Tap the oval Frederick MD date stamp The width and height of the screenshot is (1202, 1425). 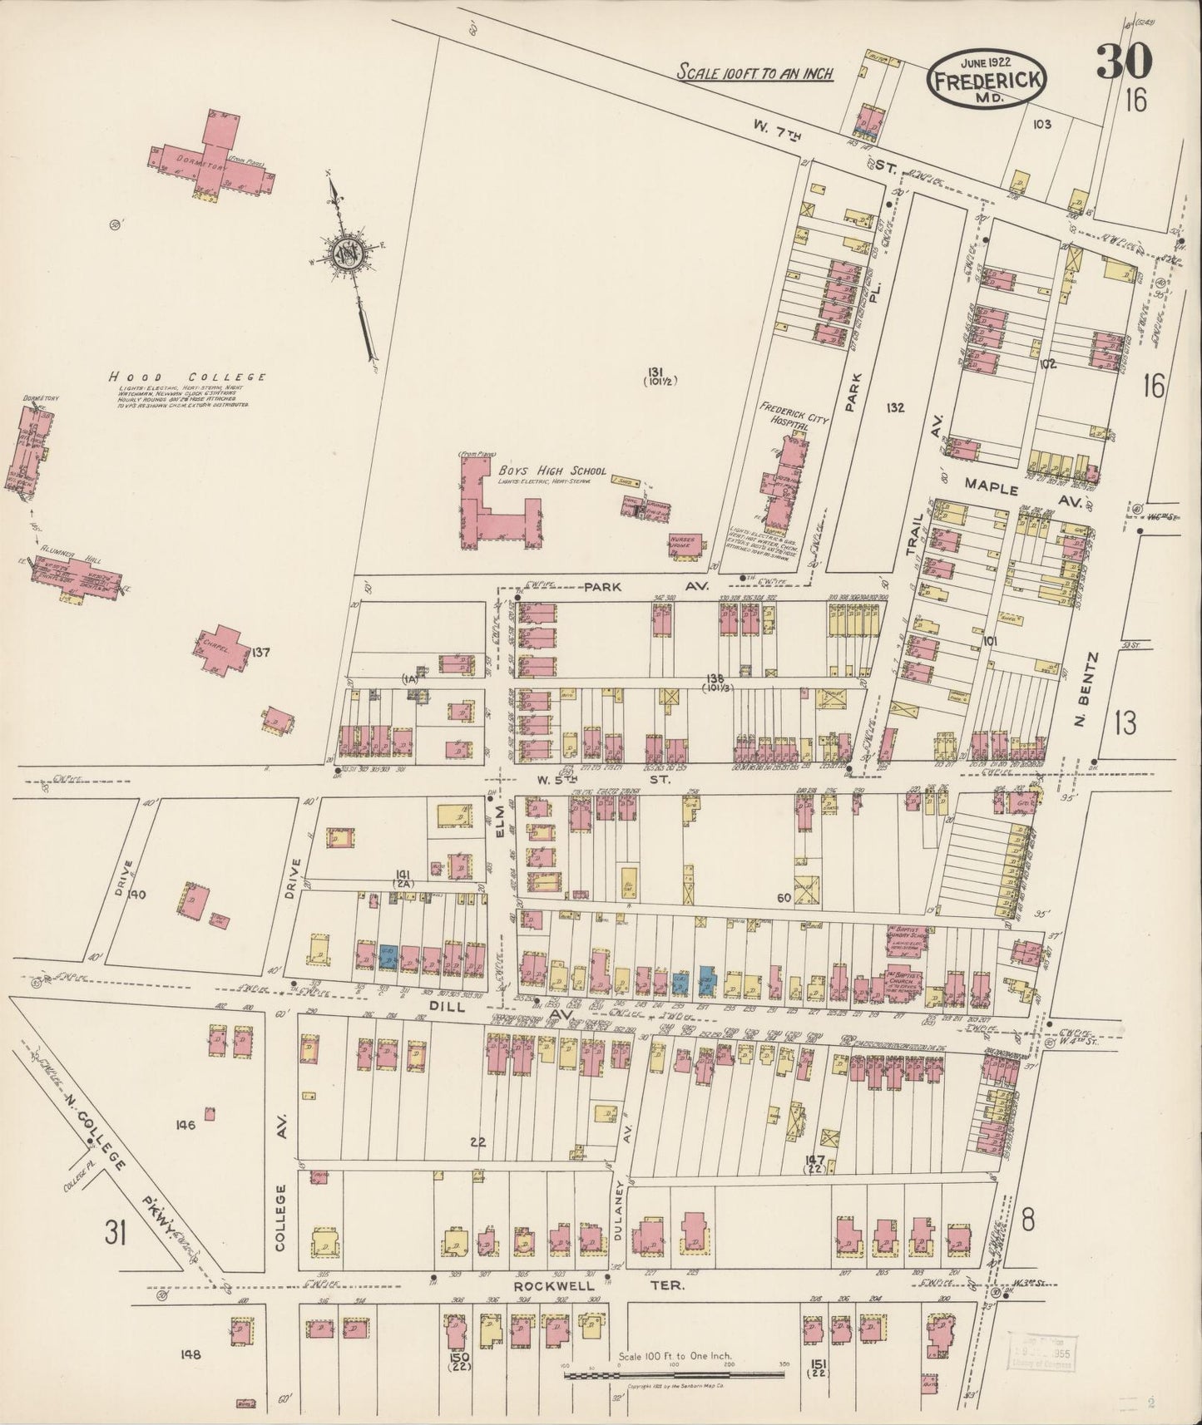click(987, 78)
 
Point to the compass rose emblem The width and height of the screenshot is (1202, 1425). click(343, 253)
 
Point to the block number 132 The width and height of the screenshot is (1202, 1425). click(895, 407)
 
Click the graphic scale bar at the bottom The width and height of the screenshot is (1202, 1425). click(675, 1376)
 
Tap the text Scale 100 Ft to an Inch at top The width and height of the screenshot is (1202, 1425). click(754, 73)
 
